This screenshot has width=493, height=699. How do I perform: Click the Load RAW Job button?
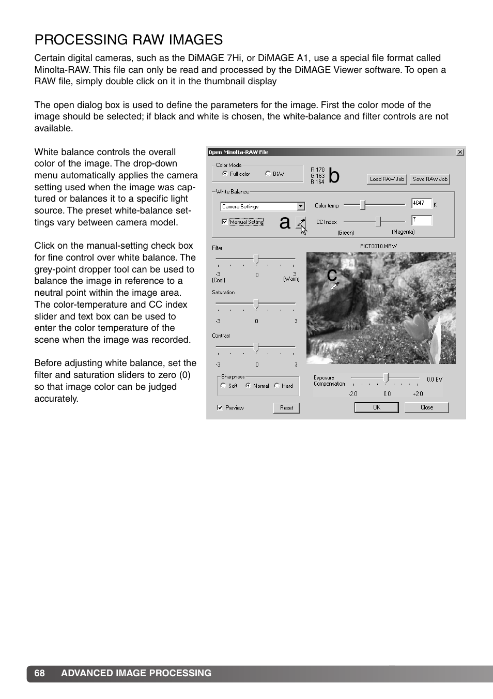(x=387, y=179)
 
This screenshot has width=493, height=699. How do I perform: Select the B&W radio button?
(x=268, y=174)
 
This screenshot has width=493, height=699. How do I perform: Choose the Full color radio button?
(x=225, y=174)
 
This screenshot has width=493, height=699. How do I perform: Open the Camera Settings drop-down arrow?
(x=301, y=206)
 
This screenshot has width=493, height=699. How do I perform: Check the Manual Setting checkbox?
(x=224, y=222)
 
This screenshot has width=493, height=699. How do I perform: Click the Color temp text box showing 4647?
(x=421, y=204)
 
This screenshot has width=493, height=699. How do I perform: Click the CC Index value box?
(x=421, y=220)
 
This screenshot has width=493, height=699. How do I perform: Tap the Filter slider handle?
(x=256, y=259)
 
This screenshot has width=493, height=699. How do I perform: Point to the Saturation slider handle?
(x=256, y=304)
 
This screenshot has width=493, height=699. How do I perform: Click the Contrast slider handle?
(x=256, y=347)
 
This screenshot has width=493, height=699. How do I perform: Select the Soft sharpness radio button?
(x=223, y=386)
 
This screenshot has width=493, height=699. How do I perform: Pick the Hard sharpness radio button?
(x=277, y=386)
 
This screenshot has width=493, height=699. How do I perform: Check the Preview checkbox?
(x=220, y=407)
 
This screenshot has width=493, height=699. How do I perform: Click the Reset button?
(x=286, y=407)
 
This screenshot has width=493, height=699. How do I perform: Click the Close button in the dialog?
(x=426, y=407)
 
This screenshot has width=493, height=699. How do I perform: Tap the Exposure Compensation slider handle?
(x=386, y=378)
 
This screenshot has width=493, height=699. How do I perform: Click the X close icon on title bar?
(x=460, y=152)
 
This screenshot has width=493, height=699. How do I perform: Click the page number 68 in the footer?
(x=40, y=673)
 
